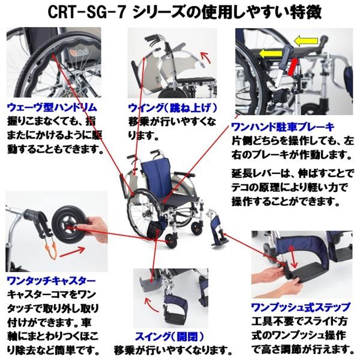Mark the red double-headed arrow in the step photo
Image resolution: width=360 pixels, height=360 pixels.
(293, 255)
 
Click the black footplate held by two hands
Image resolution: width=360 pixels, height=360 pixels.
(306, 278)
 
